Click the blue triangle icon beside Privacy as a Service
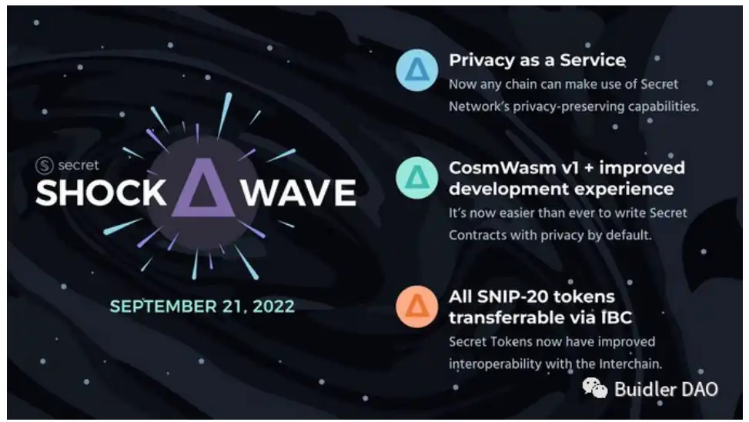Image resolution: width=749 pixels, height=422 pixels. [417, 70]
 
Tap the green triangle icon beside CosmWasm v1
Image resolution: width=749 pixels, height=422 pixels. [417, 178]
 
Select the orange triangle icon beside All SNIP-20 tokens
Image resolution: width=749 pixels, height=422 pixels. [417, 306]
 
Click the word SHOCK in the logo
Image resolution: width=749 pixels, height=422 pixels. [101, 193]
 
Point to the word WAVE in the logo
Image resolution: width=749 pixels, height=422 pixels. [299, 193]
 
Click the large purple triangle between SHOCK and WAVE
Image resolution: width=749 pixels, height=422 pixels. [203, 187]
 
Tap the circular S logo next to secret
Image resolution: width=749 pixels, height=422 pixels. [45, 166]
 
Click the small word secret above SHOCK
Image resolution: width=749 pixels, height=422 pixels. [79, 166]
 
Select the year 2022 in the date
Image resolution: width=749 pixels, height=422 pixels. [273, 306]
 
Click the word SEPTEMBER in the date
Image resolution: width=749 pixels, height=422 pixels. [163, 306]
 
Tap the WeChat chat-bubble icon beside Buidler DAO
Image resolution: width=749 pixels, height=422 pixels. [595, 387]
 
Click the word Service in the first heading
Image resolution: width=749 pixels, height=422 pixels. [592, 60]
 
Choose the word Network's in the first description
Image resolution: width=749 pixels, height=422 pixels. [479, 106]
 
